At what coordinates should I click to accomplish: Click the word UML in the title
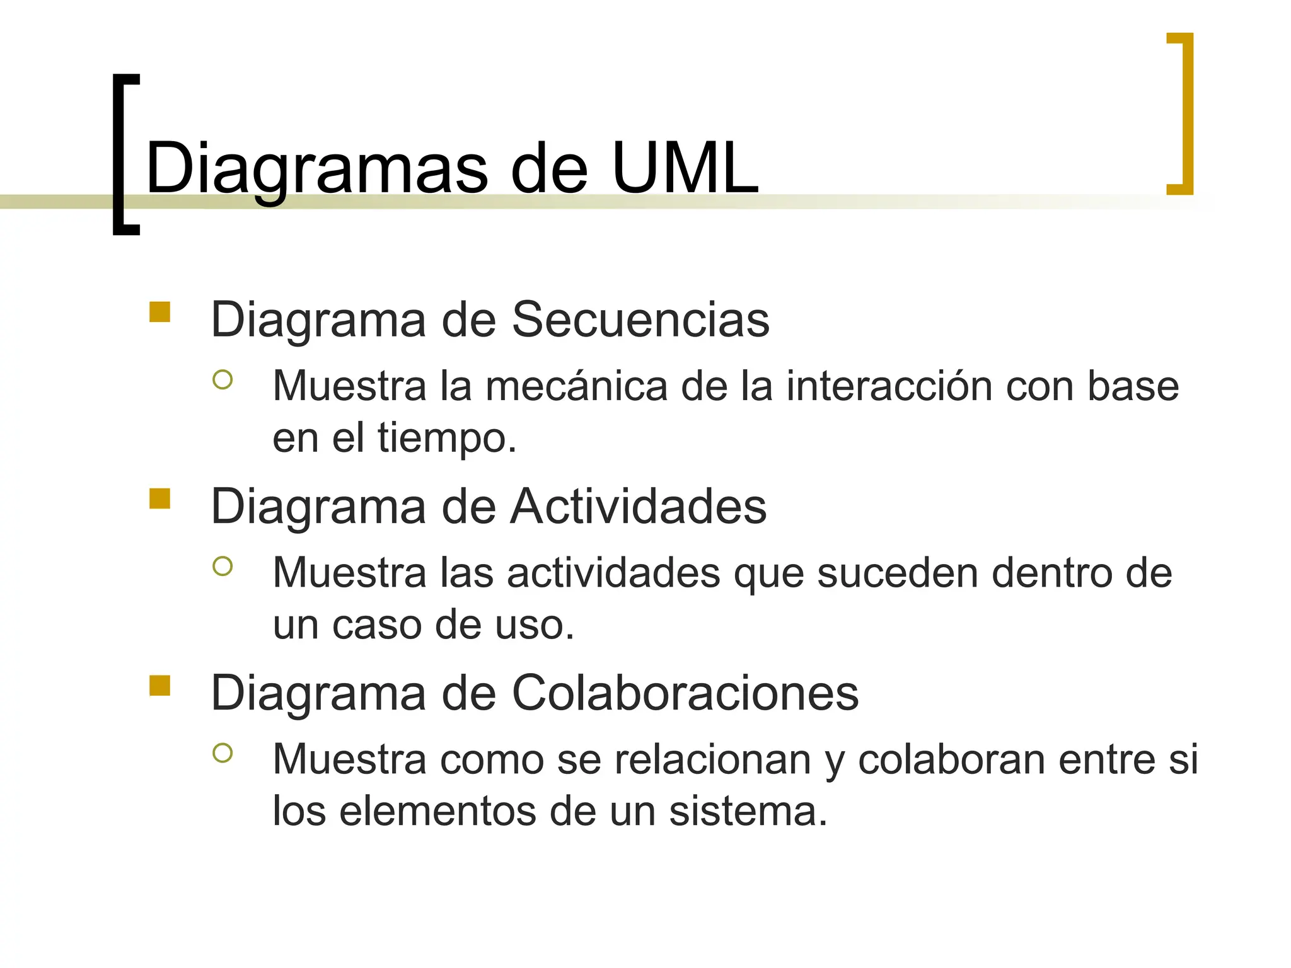click(x=685, y=168)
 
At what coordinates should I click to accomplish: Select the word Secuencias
click(x=640, y=320)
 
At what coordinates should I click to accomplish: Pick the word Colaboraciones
click(x=685, y=693)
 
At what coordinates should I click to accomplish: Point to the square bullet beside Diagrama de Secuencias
click(x=160, y=312)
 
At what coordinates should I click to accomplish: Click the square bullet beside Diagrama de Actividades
click(x=160, y=498)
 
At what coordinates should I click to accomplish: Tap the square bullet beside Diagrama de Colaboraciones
click(x=160, y=685)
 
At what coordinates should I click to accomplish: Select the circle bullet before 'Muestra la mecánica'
click(x=223, y=379)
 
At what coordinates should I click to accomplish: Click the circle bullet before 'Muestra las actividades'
click(x=223, y=566)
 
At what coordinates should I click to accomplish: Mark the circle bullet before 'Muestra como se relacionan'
click(x=223, y=752)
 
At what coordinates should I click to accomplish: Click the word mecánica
click(x=576, y=386)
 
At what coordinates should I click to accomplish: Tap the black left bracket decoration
click(x=120, y=154)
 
